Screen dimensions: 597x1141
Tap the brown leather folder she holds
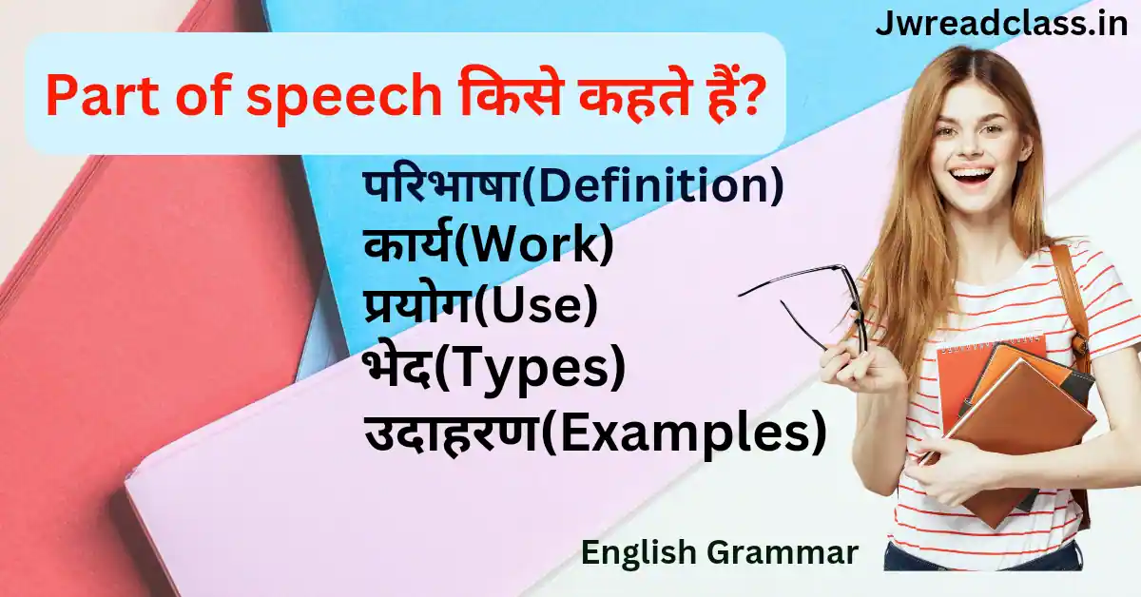point(1022,437)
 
